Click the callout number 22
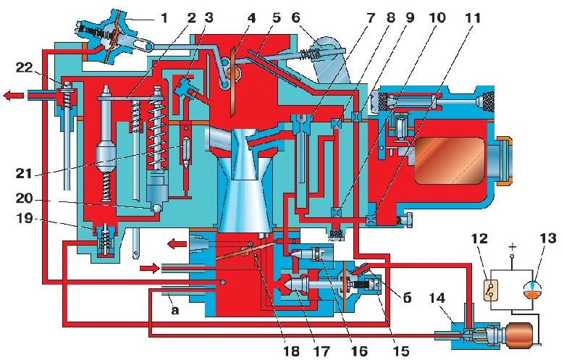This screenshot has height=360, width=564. tap(25, 68)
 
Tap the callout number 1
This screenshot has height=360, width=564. tap(164, 17)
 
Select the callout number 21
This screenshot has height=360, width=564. tap(24, 174)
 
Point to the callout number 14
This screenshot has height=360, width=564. tap(437, 298)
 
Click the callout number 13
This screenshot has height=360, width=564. tap(548, 238)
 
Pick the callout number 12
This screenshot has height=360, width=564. tap(479, 238)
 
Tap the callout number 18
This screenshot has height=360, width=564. tap(290, 351)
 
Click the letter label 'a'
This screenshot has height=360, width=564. tap(174, 309)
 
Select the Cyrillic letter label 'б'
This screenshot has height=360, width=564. tap(407, 298)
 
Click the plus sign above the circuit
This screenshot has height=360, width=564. tap(513, 247)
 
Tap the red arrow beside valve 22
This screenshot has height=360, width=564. tap(14, 96)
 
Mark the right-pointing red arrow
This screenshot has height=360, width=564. tap(149, 268)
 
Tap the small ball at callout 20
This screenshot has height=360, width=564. tap(156, 208)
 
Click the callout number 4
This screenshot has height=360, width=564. tap(252, 17)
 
